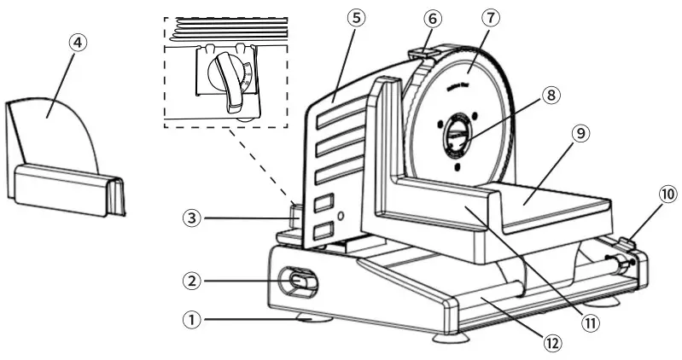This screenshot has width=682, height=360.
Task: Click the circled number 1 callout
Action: pos(195,320)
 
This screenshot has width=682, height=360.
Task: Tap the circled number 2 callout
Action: pos(195,279)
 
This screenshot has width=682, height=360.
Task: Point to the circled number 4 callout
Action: pos(79,42)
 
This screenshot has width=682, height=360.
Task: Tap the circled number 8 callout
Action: pos(551,96)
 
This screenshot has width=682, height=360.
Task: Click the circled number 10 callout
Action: pos(667,195)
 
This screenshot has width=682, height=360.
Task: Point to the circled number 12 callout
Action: pos(552,342)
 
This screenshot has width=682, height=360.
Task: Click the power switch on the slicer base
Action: pos(300,280)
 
